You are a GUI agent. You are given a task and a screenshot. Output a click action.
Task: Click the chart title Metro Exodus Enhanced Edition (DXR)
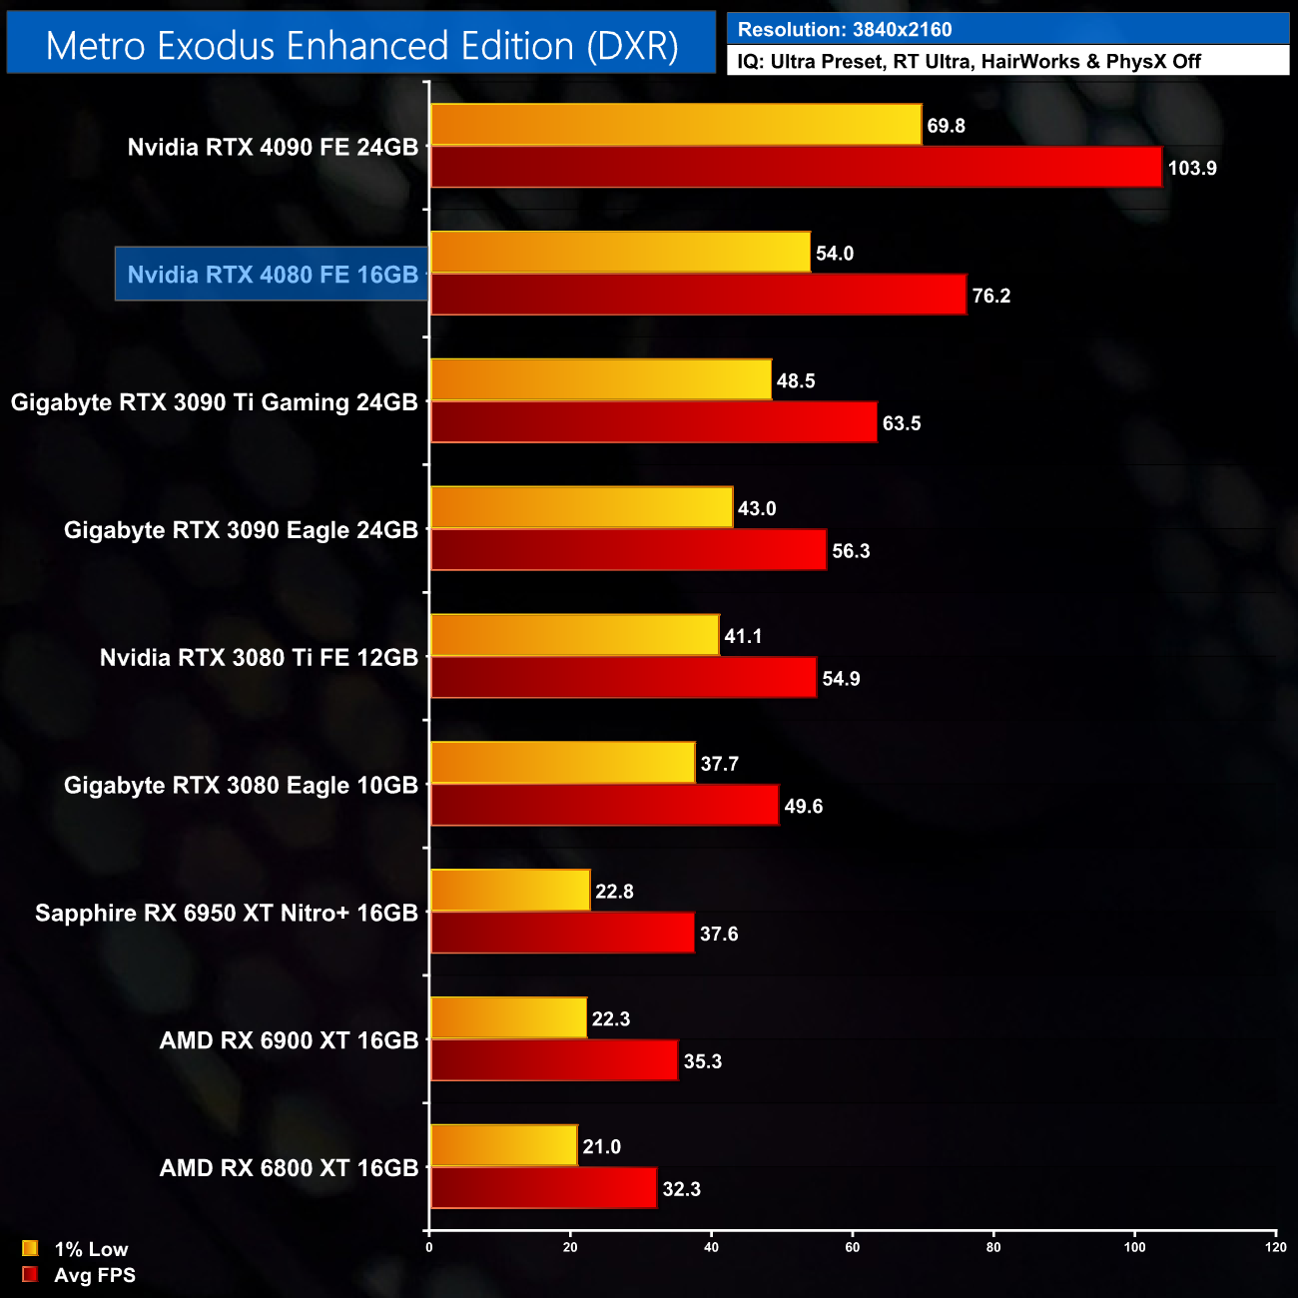361,46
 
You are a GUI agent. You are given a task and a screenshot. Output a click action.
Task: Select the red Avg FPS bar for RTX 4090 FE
796,167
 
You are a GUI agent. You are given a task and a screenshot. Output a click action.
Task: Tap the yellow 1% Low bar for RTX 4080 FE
620,253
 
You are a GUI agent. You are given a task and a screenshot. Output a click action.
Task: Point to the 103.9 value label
1192,168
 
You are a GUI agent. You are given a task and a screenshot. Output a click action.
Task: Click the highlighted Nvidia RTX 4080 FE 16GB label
273,275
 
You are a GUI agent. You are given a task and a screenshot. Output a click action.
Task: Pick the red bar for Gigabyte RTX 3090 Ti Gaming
653,422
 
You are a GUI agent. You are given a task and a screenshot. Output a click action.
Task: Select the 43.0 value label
757,509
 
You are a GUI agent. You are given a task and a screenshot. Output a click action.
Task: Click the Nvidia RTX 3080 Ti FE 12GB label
259,658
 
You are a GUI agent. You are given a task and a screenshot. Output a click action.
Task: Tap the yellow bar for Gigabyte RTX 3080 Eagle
562,763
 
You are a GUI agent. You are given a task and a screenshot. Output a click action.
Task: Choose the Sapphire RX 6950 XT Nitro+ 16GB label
227,914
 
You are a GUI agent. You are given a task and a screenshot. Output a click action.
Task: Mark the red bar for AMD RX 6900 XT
554,1060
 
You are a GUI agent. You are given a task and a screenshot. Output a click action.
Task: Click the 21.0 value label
602,1147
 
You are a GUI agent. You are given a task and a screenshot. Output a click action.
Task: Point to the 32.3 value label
681,1189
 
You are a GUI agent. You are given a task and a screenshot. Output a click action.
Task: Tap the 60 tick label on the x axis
853,1247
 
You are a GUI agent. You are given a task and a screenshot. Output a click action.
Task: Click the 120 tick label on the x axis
1275,1247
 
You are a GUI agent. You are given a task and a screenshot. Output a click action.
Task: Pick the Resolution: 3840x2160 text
845,30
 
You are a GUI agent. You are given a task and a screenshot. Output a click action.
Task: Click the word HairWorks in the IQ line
1030,62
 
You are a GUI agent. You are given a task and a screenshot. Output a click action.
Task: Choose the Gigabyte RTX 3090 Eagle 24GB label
241,530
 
